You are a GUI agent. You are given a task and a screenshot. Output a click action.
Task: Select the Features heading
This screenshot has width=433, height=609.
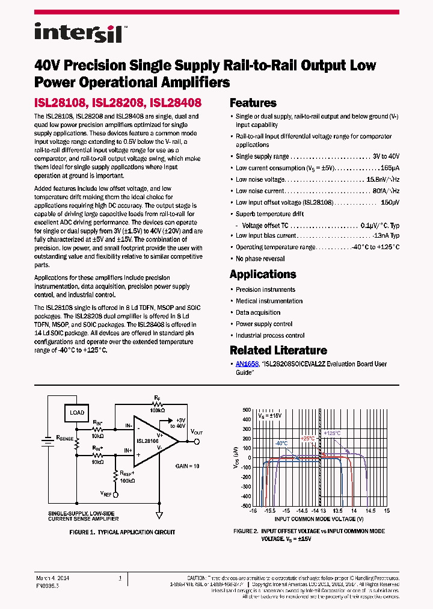[x=253, y=103]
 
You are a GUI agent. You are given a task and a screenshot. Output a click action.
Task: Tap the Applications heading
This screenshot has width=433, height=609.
[x=263, y=274]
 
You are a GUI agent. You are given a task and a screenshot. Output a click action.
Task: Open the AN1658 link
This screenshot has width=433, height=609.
[x=247, y=364]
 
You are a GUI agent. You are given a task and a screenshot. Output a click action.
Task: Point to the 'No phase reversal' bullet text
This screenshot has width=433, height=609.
[x=260, y=259]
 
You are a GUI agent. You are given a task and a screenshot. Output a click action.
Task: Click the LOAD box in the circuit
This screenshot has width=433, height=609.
[x=77, y=413]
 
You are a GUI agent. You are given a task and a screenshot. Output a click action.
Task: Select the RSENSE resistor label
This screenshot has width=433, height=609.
[x=64, y=439]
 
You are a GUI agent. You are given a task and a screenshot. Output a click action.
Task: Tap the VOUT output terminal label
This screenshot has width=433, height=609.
[x=197, y=432]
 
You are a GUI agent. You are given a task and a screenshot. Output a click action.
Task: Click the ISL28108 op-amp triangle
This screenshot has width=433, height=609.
[x=153, y=440]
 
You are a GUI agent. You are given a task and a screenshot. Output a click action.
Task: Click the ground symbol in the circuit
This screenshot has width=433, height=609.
[x=159, y=515]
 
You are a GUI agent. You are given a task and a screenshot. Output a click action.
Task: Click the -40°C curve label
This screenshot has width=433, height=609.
[x=281, y=444]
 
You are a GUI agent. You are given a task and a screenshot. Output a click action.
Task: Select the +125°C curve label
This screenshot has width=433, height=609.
[x=332, y=433]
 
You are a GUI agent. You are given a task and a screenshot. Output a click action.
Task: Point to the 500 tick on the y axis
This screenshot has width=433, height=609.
[x=245, y=410]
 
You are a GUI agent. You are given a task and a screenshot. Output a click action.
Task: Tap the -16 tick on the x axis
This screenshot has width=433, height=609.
[x=253, y=510]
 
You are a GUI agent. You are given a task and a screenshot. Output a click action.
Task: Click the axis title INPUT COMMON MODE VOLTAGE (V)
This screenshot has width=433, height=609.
[x=319, y=518]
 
